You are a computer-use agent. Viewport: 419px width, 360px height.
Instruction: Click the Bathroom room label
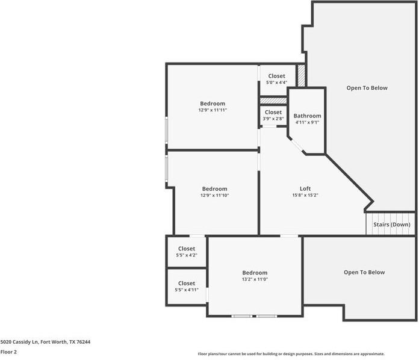pyautogui.click(x=307, y=116)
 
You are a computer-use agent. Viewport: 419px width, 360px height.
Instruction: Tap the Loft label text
pyautogui.click(x=305, y=188)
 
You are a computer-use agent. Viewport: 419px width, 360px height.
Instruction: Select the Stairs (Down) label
pyautogui.click(x=391, y=225)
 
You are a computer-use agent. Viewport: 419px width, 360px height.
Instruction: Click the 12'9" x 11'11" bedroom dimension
pyautogui.click(x=213, y=110)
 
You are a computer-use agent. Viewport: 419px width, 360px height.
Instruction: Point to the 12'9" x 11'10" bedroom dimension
pyautogui.click(x=214, y=195)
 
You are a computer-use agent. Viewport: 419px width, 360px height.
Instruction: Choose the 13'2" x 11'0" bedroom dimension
pyautogui.click(x=255, y=279)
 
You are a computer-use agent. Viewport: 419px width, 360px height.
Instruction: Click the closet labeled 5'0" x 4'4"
pyautogui.click(x=276, y=82)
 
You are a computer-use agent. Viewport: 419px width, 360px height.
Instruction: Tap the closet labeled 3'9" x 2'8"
pyautogui.click(x=273, y=119)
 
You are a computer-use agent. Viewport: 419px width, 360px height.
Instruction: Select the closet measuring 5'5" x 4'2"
pyautogui.click(x=186, y=255)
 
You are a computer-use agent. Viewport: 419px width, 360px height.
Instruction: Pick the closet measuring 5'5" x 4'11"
pyautogui.click(x=186, y=290)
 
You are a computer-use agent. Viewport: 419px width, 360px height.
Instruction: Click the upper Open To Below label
pyautogui.click(x=367, y=88)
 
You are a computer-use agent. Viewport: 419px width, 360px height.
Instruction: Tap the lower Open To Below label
pyautogui.click(x=364, y=272)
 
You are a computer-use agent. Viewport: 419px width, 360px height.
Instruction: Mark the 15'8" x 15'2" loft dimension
pyautogui.click(x=305, y=195)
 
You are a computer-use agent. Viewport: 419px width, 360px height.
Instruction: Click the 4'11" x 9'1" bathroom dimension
pyautogui.click(x=307, y=122)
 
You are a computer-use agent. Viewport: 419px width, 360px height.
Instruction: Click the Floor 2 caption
pyautogui.click(x=8, y=351)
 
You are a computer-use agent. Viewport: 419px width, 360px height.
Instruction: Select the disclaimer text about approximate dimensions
pyautogui.click(x=291, y=354)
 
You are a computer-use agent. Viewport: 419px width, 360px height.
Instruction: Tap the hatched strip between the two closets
pyautogui.click(x=273, y=100)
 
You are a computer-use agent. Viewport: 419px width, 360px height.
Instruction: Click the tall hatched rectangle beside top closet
pyautogui.click(x=302, y=75)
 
